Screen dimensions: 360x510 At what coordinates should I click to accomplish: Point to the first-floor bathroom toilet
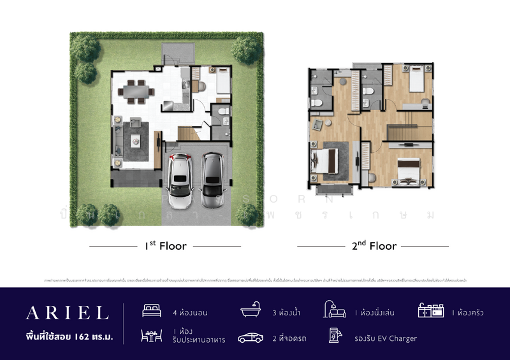click(222, 112)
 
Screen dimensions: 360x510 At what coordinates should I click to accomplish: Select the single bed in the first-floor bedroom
click(222, 83)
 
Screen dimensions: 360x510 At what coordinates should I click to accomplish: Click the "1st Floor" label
click(165, 245)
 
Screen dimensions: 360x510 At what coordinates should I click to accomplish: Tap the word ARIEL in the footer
click(67, 312)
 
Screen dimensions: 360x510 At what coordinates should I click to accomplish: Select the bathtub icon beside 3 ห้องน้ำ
click(251, 312)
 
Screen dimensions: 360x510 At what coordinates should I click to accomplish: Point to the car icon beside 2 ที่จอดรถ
click(251, 338)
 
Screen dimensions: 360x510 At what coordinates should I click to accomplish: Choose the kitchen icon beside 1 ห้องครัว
click(431, 311)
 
